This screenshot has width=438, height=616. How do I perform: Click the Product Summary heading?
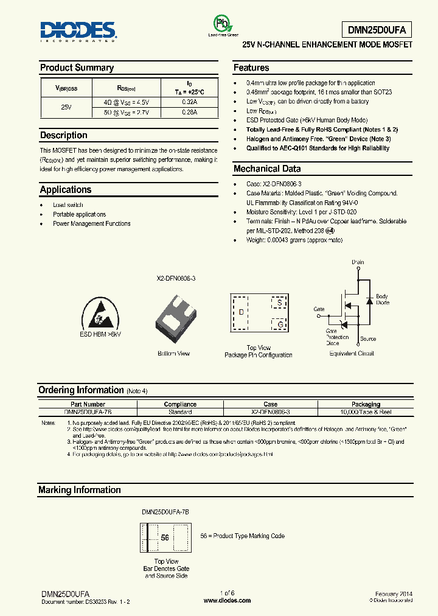(x=77, y=68)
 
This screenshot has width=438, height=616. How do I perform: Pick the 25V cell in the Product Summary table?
(x=66, y=107)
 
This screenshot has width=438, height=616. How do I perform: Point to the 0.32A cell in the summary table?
(x=189, y=102)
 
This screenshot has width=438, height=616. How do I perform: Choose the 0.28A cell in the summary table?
(x=189, y=112)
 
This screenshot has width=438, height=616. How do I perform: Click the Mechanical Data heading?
(x=266, y=169)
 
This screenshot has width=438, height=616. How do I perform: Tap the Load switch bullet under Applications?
(x=68, y=205)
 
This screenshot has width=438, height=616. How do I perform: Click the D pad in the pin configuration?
(x=241, y=312)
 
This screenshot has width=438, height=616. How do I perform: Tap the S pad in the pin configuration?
(x=279, y=303)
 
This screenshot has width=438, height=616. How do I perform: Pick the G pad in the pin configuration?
(x=279, y=324)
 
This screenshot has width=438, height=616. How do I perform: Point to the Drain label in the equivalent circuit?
(x=358, y=262)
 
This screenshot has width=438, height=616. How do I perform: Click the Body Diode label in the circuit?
(x=382, y=299)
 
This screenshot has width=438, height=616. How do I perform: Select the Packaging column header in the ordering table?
(x=366, y=404)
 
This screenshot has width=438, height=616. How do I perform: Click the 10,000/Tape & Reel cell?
(x=366, y=412)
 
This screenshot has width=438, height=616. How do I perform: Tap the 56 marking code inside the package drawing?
(x=165, y=537)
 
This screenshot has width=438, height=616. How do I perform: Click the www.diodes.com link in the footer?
(x=227, y=600)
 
